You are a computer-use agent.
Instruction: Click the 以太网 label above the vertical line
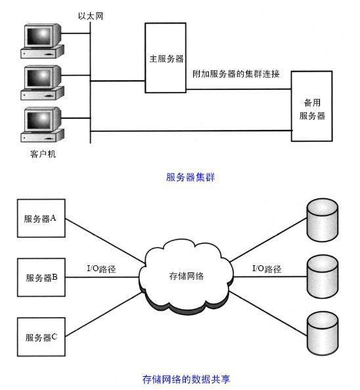[x=91, y=16]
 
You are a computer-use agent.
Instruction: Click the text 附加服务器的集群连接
[x=236, y=74]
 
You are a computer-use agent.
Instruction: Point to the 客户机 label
[x=43, y=154]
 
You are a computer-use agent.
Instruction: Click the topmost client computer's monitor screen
[x=39, y=36]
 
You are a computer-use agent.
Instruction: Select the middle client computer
[x=42, y=83]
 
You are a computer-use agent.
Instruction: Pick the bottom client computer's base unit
[x=42, y=136]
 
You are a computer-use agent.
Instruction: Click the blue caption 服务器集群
[x=191, y=177]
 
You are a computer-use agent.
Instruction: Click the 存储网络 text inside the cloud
[x=187, y=276]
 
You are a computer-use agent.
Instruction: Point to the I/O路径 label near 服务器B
[x=101, y=269]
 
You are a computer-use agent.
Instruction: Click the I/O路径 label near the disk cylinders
[x=267, y=269]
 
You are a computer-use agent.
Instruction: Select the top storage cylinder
[x=323, y=220]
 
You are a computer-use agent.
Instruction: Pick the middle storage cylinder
[x=323, y=276]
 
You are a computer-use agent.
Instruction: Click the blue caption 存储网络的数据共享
[x=187, y=379]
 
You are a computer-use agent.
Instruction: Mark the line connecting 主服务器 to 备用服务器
[x=239, y=89]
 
